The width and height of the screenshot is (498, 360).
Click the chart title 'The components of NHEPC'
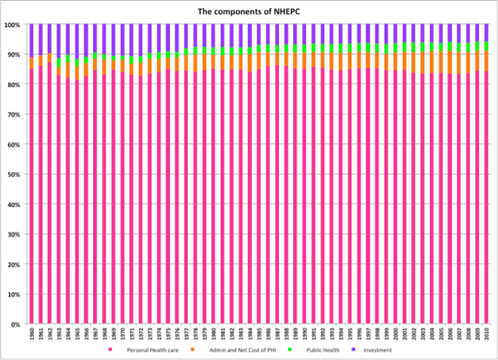pos(249,11)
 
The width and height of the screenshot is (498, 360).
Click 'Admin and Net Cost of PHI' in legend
pos(230,350)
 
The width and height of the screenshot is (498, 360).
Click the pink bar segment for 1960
pos(32,197)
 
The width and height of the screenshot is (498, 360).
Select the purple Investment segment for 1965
pos(77,42)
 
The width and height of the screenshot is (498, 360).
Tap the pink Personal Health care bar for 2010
pos(486,197)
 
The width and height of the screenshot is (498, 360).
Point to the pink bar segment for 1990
pos(305,197)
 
